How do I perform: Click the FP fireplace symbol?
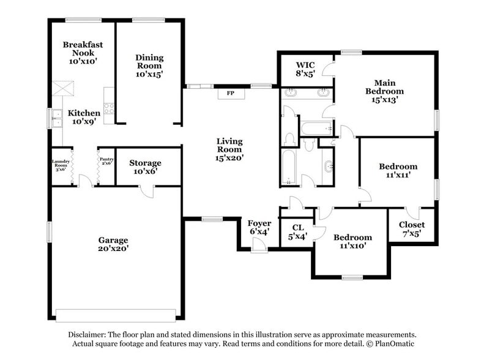[x=231, y=94]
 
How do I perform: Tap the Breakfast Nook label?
[x=82, y=53]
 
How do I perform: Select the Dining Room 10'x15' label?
[x=149, y=66]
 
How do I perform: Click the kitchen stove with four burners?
[x=109, y=108]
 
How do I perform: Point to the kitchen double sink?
[x=57, y=118]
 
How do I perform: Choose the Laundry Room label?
[x=61, y=165]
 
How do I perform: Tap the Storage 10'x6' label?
[x=145, y=167]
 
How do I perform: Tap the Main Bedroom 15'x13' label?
[x=384, y=91]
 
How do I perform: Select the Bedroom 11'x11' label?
[x=398, y=170]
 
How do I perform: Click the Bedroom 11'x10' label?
[x=352, y=241]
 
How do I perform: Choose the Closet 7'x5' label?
[x=411, y=229]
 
